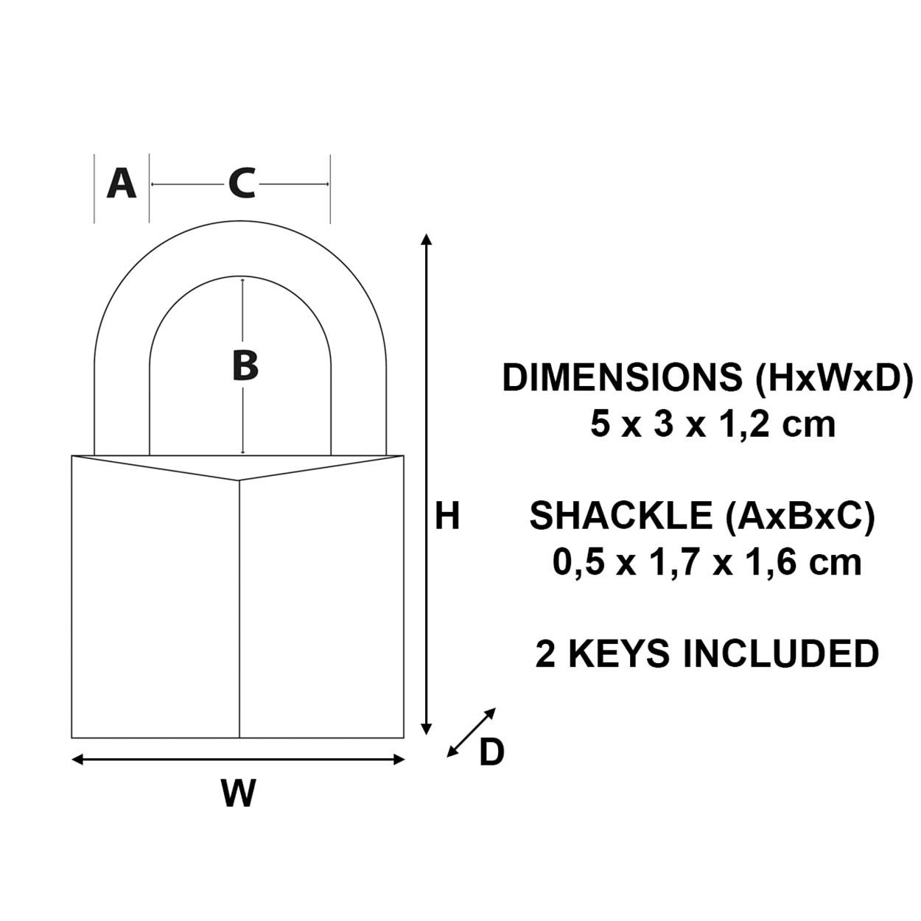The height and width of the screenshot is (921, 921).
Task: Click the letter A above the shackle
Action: point(122,183)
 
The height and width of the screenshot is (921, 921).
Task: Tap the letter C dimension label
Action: point(241,183)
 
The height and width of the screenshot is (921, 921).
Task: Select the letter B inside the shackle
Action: point(245,365)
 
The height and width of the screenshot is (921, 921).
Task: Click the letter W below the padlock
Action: point(239,794)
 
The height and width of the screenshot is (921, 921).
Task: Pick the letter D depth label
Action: point(491,753)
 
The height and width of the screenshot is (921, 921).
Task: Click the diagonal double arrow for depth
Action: point(472,732)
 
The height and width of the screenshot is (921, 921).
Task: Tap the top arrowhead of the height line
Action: point(425,239)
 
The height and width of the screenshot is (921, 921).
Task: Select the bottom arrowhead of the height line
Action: point(425,729)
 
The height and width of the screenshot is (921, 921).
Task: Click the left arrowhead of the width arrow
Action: point(77,760)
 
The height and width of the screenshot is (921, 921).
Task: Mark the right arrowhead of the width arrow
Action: point(400,760)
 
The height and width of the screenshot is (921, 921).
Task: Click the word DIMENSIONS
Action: point(623,378)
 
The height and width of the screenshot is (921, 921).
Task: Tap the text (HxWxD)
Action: point(833,378)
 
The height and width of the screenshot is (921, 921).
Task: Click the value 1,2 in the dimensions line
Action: point(749,425)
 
